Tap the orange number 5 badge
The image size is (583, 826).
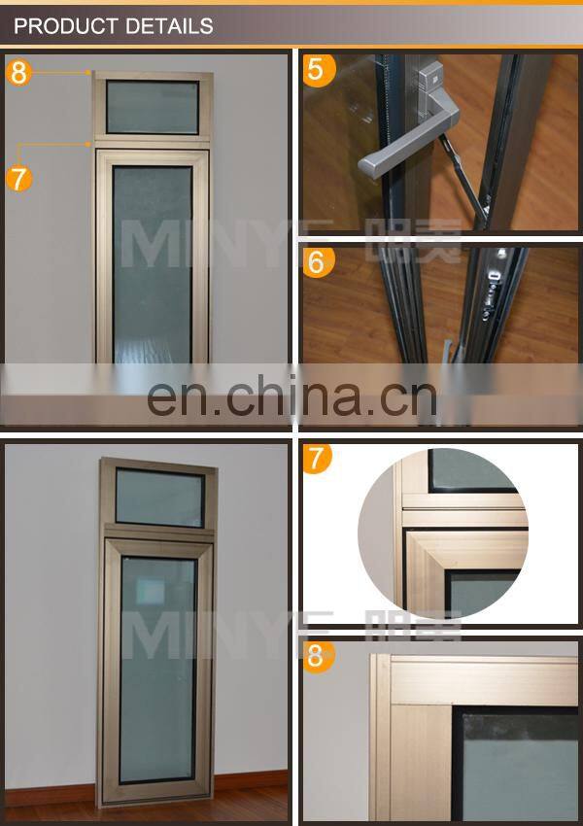pos(316,70)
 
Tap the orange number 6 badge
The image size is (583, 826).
pos(317,260)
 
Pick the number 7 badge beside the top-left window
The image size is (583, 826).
pos(19,178)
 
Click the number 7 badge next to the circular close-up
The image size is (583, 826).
pos(317,458)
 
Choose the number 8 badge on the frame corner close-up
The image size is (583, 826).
pos(316,656)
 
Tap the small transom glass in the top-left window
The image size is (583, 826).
pos(153,107)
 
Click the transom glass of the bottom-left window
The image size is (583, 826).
pos(158,498)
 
